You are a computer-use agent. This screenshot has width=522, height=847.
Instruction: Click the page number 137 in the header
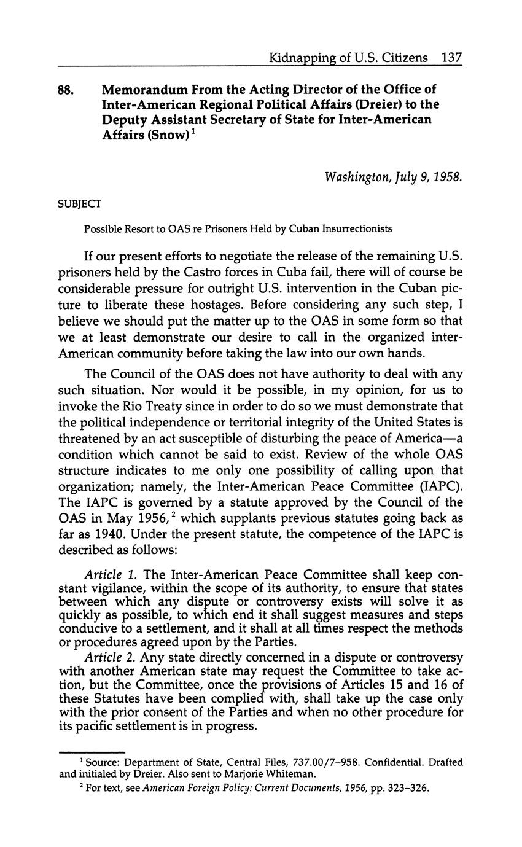click(451, 58)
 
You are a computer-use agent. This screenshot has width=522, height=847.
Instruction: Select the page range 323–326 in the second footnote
click(406, 787)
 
